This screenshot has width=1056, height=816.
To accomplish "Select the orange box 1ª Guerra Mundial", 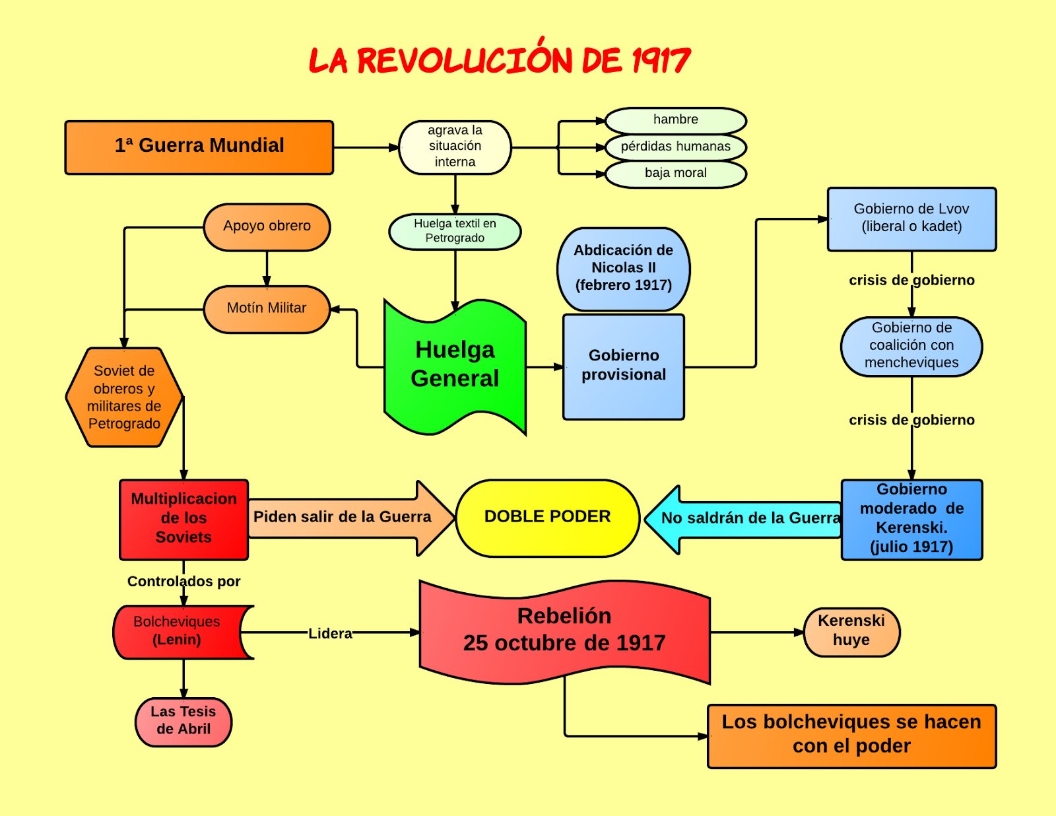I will (199, 147).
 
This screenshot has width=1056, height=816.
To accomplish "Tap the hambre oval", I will (675, 120).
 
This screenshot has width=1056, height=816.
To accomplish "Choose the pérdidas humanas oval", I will (675, 147).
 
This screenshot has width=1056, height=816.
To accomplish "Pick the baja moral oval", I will (675, 174).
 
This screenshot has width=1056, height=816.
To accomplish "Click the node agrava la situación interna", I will (455, 147).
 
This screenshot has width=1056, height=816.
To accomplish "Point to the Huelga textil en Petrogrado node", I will (455, 231).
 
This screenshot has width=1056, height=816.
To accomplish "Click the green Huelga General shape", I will (455, 365).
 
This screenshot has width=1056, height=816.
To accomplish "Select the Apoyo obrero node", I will (267, 226).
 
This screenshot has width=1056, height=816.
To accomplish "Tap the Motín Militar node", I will (267, 308).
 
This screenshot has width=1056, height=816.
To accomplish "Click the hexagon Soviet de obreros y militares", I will (124, 397).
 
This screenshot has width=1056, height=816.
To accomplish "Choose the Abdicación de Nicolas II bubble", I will (623, 268).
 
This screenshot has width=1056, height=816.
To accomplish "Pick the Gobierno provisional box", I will (623, 366).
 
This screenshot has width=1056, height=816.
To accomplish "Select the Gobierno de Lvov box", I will (911, 219).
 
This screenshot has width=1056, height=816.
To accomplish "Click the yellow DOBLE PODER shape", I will (547, 517).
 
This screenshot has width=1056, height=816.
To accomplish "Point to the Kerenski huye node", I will (851, 632).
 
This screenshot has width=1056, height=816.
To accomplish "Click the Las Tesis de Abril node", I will (183, 721).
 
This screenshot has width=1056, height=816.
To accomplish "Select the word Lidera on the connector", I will (330, 634).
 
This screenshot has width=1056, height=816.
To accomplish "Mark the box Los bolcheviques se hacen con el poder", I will (851, 735).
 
